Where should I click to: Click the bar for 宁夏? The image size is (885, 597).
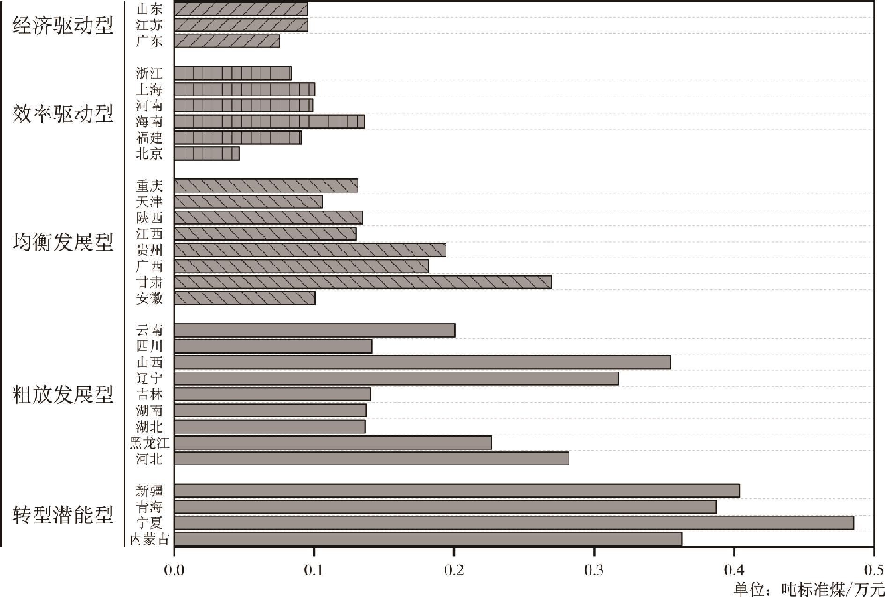[x=513, y=523]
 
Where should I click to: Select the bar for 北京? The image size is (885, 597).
[x=206, y=154]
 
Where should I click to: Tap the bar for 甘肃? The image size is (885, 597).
[x=362, y=282]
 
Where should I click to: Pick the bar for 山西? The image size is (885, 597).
[x=422, y=362]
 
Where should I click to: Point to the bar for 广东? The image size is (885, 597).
[x=227, y=41]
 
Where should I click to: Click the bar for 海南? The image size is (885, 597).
[x=269, y=122]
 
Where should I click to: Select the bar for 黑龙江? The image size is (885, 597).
[x=332, y=442]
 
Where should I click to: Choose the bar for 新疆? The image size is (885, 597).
[x=457, y=491]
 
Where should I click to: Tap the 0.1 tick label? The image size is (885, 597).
[x=314, y=570]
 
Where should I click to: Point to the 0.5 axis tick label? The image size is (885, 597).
[x=872, y=570]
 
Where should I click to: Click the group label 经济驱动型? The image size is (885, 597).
[x=63, y=25]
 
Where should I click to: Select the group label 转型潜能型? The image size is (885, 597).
[x=63, y=515]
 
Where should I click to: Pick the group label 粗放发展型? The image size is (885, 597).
[x=63, y=395]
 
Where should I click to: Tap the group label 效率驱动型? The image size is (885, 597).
[x=63, y=114]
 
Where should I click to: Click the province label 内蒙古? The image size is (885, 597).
[x=149, y=539]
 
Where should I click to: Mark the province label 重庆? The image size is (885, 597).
[x=149, y=186]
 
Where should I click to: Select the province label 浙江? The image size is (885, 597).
[x=149, y=74]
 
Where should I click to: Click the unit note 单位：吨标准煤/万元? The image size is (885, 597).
[x=808, y=588]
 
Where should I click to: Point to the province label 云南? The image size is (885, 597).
[x=149, y=331]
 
